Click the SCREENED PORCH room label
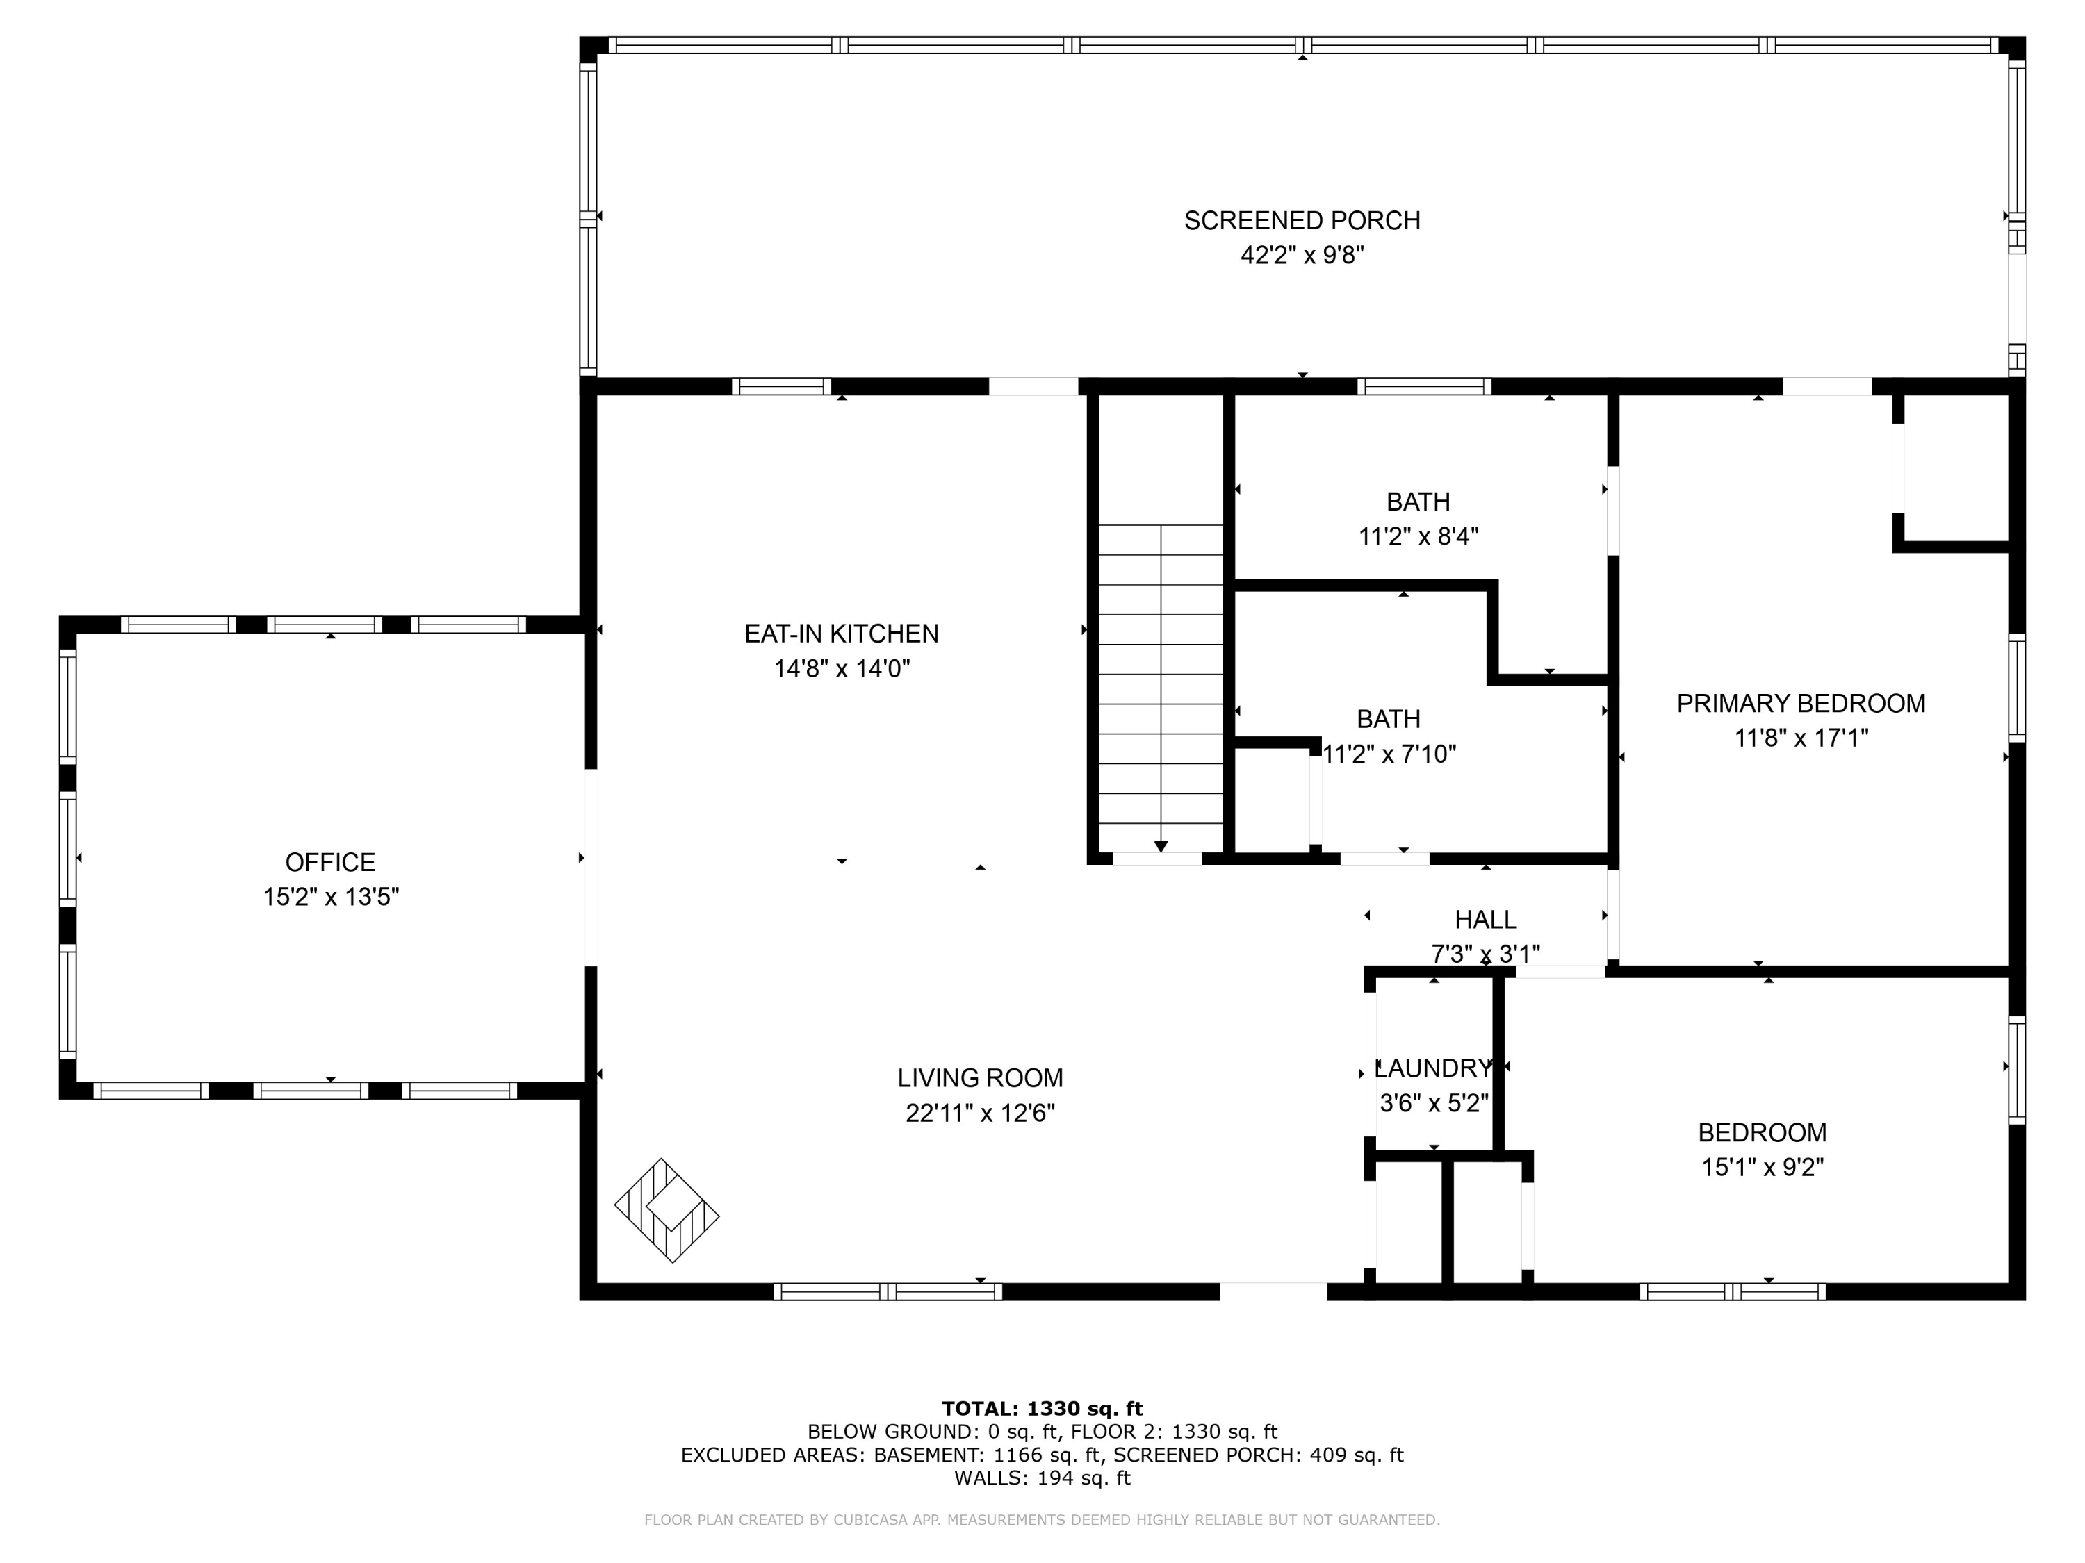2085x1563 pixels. (1302, 220)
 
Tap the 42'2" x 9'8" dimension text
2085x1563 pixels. (1302, 256)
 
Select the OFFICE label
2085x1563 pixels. (330, 862)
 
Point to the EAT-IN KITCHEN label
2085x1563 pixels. (842, 633)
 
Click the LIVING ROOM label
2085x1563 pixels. (980, 1078)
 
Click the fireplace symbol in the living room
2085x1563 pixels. (667, 1209)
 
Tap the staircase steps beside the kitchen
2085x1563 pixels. (1161, 688)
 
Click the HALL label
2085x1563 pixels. (1485, 920)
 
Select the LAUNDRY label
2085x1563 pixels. (1434, 1068)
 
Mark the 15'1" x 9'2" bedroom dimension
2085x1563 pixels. (1763, 1167)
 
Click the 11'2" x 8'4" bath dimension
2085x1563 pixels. (1418, 536)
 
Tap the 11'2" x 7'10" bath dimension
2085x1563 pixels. (1389, 754)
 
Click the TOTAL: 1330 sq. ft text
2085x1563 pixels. (1042, 1409)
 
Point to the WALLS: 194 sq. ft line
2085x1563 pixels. (1042, 1478)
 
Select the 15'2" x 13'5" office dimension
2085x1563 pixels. (331, 897)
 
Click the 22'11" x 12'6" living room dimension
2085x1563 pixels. (980, 1113)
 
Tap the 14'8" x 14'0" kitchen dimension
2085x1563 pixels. (842, 668)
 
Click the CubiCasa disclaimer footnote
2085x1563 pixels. (1042, 1520)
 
